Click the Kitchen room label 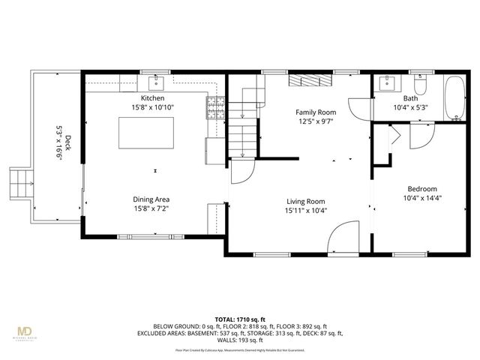(x=152, y=98)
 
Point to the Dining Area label (x=151, y=199)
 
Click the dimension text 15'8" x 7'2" (x=151, y=208)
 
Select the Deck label (x=67, y=142)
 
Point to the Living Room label (x=305, y=201)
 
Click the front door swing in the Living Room (x=344, y=238)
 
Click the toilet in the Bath (x=420, y=85)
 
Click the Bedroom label (x=422, y=189)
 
